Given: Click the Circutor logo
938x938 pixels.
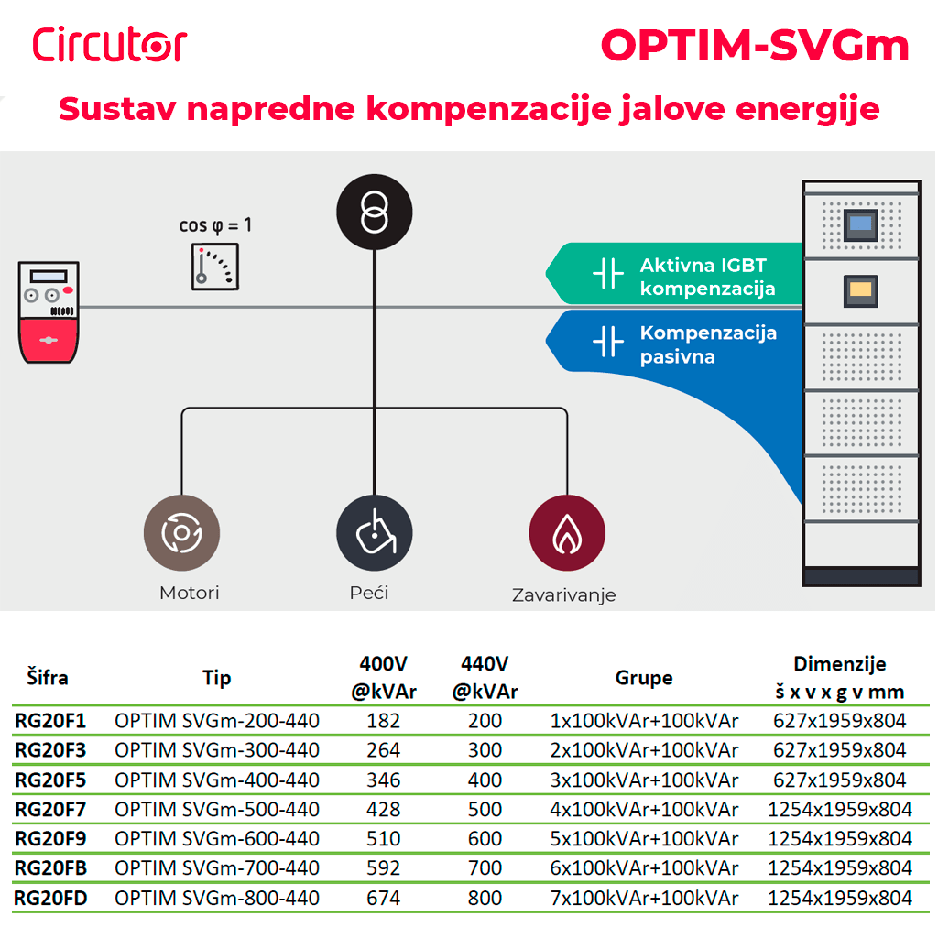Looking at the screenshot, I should pyautogui.click(x=109, y=44).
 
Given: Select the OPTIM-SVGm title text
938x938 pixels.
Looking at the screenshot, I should pyautogui.click(x=755, y=45).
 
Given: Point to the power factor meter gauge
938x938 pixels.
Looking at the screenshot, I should pyautogui.click(x=216, y=267).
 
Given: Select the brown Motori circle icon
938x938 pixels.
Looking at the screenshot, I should pyautogui.click(x=181, y=533).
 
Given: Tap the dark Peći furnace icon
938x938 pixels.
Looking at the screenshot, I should pyautogui.click(x=374, y=533).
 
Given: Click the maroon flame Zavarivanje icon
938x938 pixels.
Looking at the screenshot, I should pyautogui.click(x=566, y=533).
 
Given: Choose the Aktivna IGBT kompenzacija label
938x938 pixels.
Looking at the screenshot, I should pyautogui.click(x=707, y=278).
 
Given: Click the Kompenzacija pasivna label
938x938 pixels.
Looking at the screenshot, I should pyautogui.click(x=707, y=344).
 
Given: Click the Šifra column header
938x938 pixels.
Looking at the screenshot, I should pyautogui.click(x=46, y=678).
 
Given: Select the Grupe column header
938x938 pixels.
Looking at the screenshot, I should pyautogui.click(x=643, y=678).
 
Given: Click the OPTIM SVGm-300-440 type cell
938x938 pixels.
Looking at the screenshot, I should pyautogui.click(x=217, y=750).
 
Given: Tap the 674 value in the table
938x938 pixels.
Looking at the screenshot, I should pyautogui.click(x=383, y=898).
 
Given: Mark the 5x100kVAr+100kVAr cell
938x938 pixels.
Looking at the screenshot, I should pyautogui.click(x=644, y=838).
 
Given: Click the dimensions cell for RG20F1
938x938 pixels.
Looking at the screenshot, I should pyautogui.click(x=839, y=721).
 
